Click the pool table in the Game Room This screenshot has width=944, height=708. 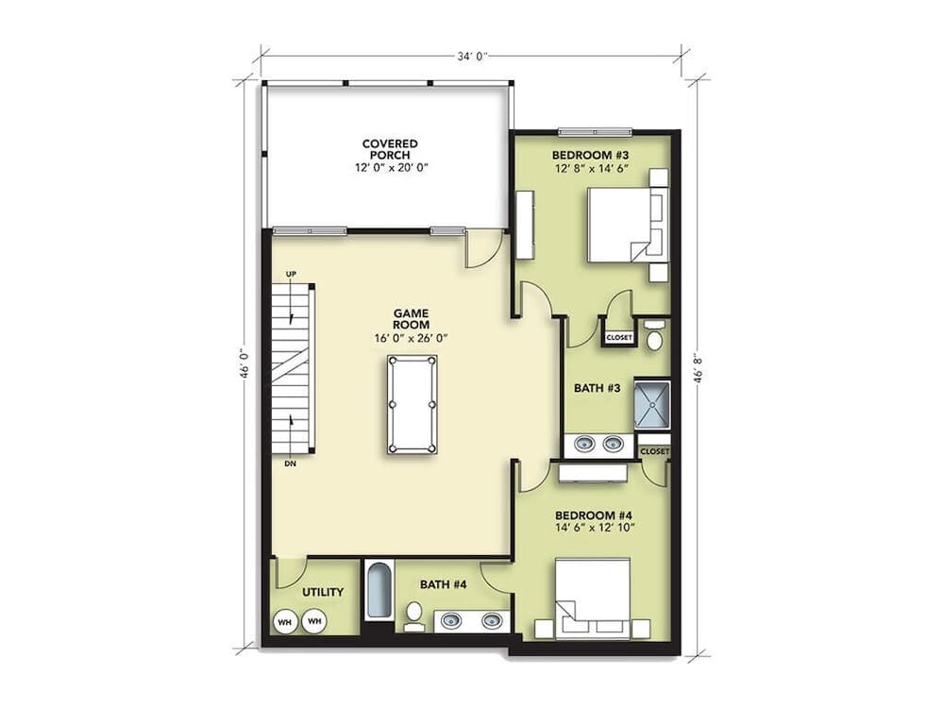412,404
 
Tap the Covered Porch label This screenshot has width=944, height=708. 390,149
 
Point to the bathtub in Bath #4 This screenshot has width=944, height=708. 378,590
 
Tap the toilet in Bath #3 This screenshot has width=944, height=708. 654,335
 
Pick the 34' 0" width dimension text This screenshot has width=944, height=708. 472,57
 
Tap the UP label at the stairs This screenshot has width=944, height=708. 291,274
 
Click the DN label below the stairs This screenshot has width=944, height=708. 291,464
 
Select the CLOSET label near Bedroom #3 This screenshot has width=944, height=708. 619,337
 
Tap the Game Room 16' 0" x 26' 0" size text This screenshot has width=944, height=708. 411,337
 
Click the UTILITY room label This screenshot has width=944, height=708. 322,592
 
